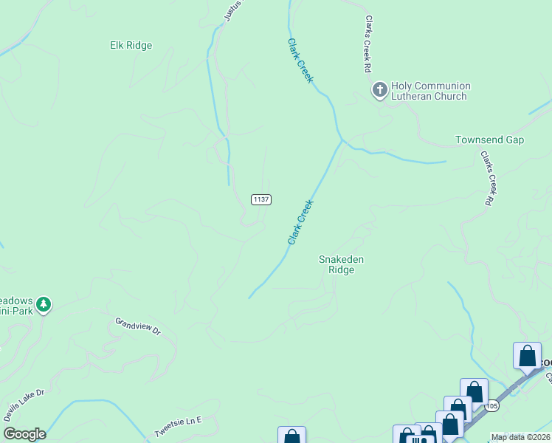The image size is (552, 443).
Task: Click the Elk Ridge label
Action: point(131,46)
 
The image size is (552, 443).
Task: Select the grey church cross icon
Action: point(380,90)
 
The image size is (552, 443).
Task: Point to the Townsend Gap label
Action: point(489,140)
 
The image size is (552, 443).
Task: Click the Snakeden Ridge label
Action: point(341,264)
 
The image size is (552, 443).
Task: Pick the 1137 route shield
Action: point(261,199)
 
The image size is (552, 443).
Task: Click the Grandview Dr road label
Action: point(138,326)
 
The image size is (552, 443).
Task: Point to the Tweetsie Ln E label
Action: point(178,427)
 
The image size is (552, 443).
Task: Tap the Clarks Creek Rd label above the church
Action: point(366,44)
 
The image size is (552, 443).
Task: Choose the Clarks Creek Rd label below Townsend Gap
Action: point(486,178)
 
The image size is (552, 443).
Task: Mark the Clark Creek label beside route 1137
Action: point(301,221)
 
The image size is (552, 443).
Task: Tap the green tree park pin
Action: point(44,304)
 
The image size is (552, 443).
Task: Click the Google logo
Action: point(24,434)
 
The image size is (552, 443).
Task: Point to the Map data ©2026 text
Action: point(521,437)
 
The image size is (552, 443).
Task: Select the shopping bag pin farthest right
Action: point(527,356)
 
